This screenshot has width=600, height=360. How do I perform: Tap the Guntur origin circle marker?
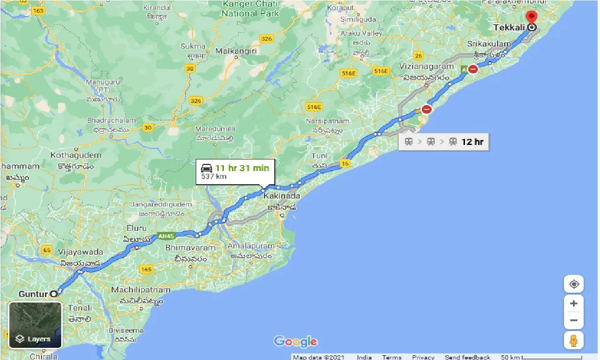[54, 294]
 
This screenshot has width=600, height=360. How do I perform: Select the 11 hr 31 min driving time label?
[242, 168]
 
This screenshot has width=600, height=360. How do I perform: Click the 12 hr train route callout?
[444, 142]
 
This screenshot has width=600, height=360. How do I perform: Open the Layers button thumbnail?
[36, 325]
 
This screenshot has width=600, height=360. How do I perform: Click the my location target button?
[574, 284]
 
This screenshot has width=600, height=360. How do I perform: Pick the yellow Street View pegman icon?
[574, 341]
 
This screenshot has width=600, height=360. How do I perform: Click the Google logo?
[296, 341]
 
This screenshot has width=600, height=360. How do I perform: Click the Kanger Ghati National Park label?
[250, 9]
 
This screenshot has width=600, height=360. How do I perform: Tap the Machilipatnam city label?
[141, 290]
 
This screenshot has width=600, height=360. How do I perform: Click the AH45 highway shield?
[165, 236]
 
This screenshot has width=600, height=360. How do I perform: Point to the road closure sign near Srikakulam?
[473, 69]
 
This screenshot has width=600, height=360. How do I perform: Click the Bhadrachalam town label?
[111, 120]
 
